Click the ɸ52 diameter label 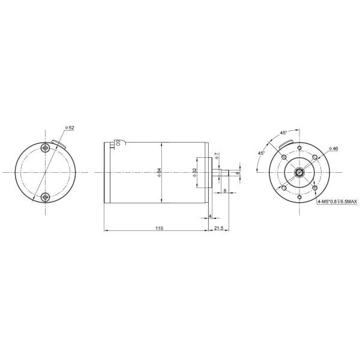pyautogui.click(x=70, y=128)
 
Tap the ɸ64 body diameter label pyautogui.click(x=160, y=172)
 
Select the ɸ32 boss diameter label pyautogui.click(x=194, y=172)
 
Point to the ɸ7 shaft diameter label pyautogui.click(x=217, y=155)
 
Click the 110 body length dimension pyautogui.click(x=159, y=228)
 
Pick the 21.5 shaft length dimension pyautogui.click(x=218, y=228)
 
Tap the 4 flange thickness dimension pyautogui.click(x=210, y=216)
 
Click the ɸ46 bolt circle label pyautogui.click(x=334, y=149)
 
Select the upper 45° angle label pyautogui.click(x=283, y=133)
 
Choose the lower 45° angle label pyautogui.click(x=261, y=153)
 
